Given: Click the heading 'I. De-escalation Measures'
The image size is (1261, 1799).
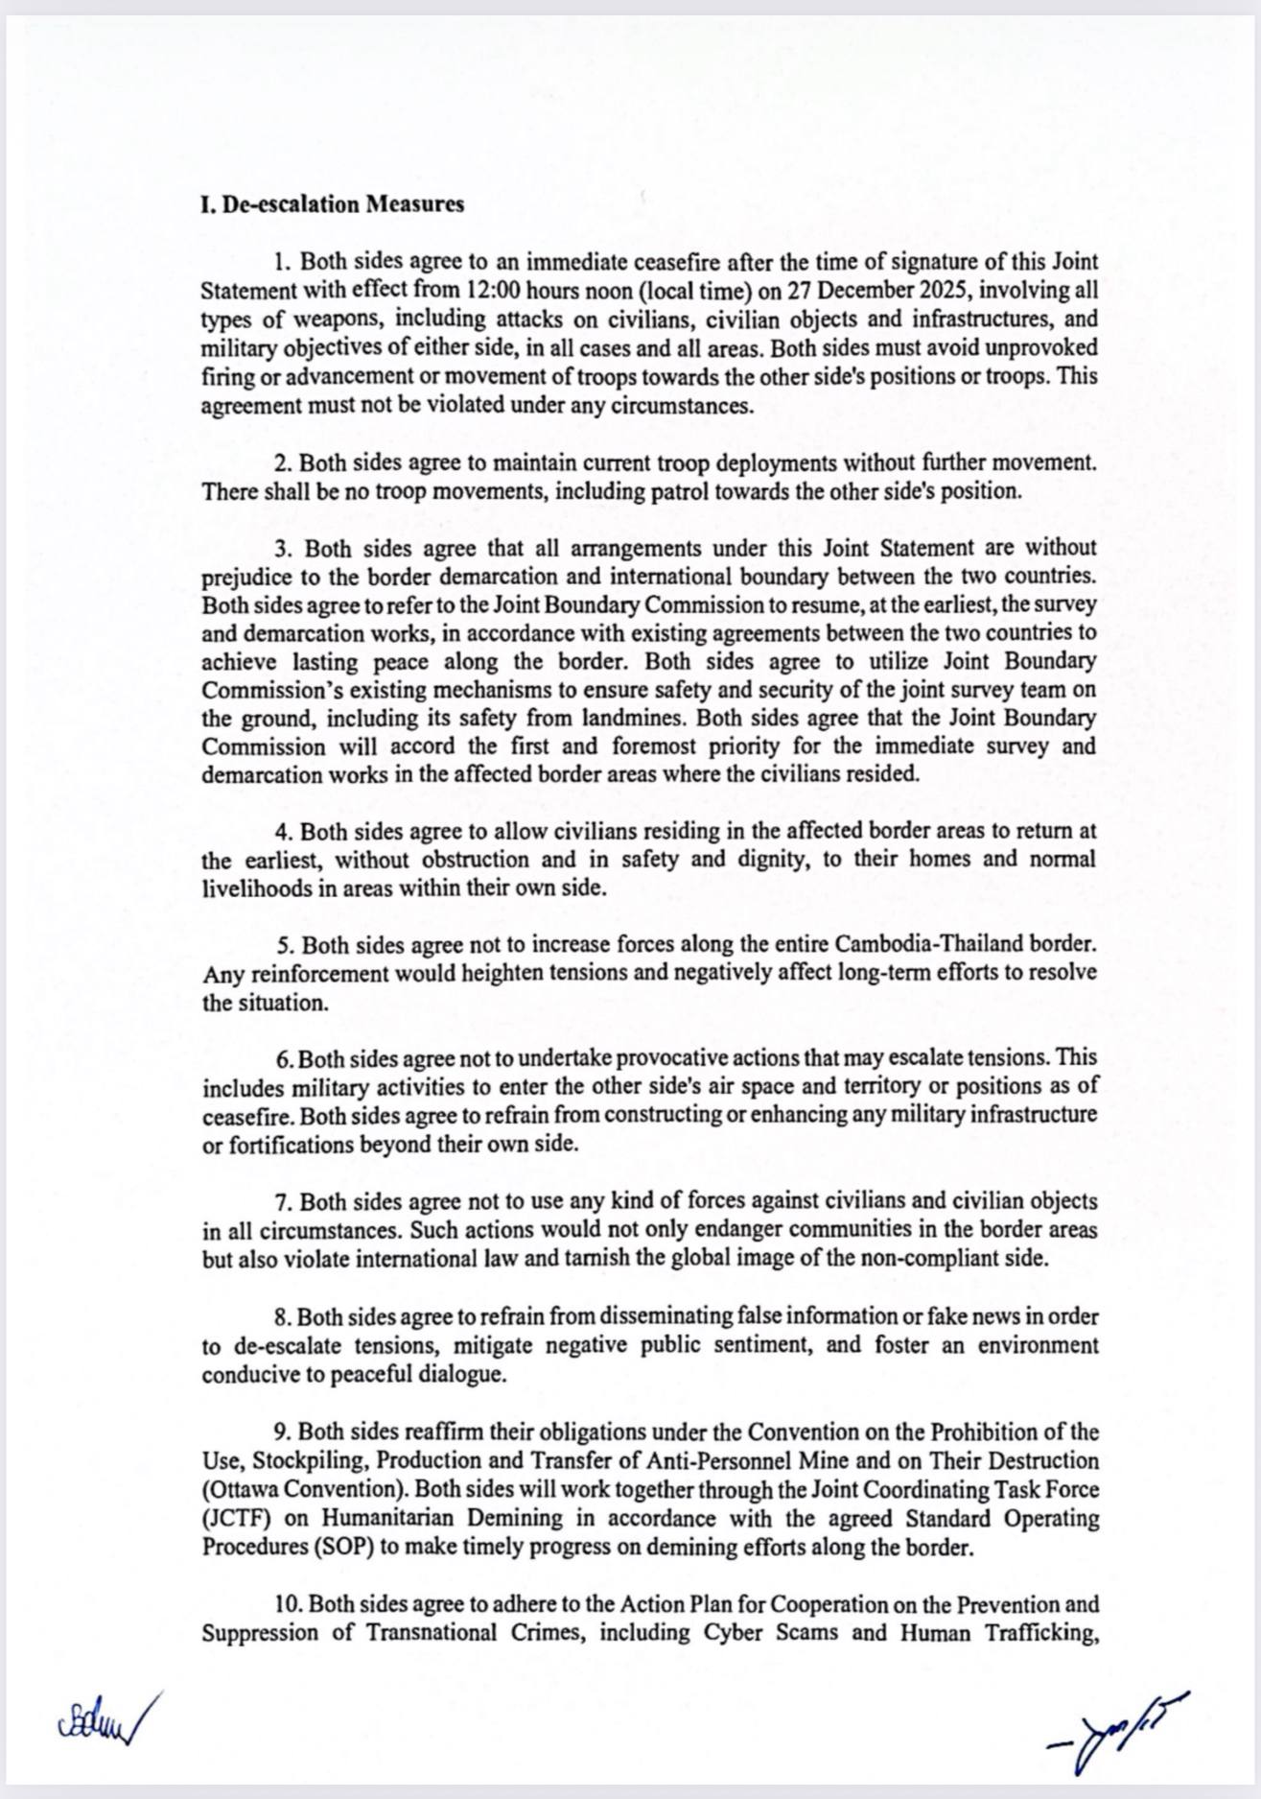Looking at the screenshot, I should [x=333, y=204].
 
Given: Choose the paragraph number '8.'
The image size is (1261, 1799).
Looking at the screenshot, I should [x=284, y=1316].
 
